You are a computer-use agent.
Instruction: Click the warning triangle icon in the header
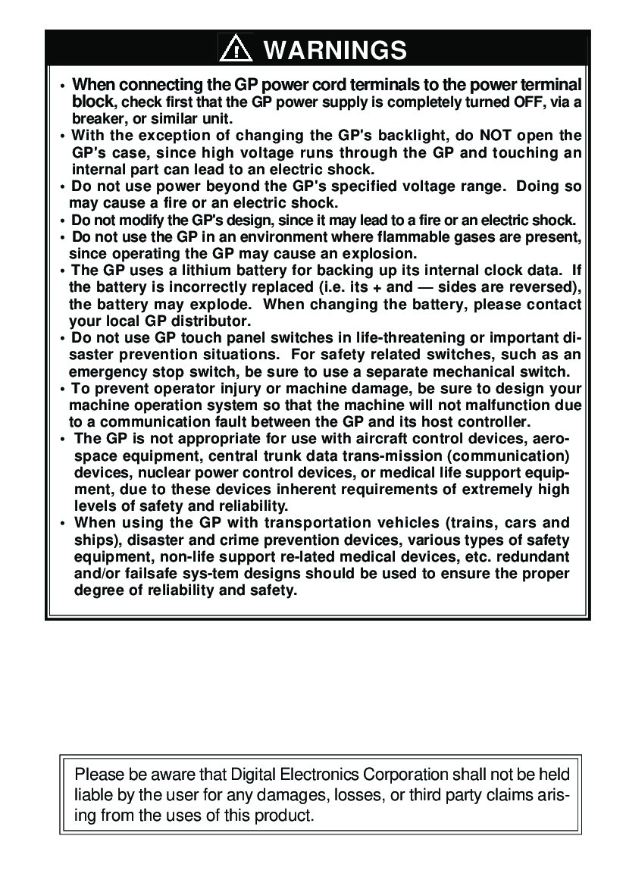(x=236, y=49)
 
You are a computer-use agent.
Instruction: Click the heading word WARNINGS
(x=335, y=50)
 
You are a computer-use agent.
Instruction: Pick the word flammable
(x=402, y=237)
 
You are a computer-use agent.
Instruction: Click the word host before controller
(x=428, y=421)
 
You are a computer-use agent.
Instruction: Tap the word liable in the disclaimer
(x=94, y=795)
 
